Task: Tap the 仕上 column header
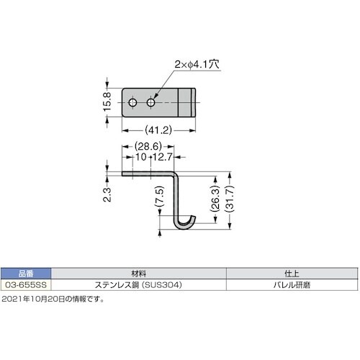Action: [292, 273]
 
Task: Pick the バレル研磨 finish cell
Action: [292, 285]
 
